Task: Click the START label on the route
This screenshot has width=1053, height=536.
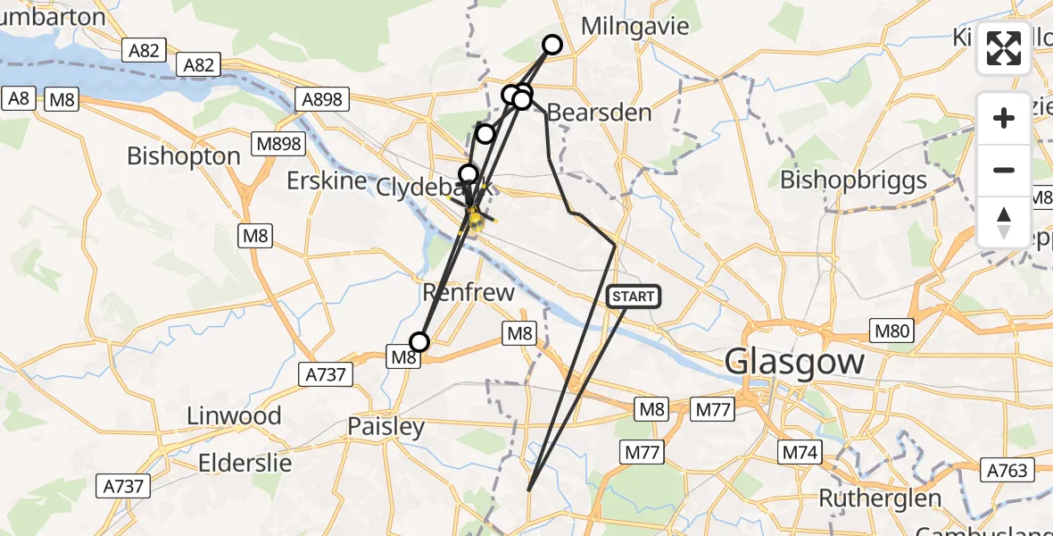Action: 634,297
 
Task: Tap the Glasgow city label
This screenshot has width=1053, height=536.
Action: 794,363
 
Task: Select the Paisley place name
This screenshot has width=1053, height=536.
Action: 386,427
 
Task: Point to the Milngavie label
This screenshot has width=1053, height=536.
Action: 634,26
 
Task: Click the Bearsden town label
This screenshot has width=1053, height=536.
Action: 599,113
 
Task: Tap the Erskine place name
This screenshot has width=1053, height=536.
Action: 327,180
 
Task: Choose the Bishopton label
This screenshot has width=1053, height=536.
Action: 184,155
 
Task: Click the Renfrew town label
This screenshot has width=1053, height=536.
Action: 468,292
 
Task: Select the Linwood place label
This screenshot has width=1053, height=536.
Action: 234,415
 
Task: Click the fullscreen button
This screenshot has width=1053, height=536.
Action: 1004,47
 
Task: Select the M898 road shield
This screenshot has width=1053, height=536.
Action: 278,144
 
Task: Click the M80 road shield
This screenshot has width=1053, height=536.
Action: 891,331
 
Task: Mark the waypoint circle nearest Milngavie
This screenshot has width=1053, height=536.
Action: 552,45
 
